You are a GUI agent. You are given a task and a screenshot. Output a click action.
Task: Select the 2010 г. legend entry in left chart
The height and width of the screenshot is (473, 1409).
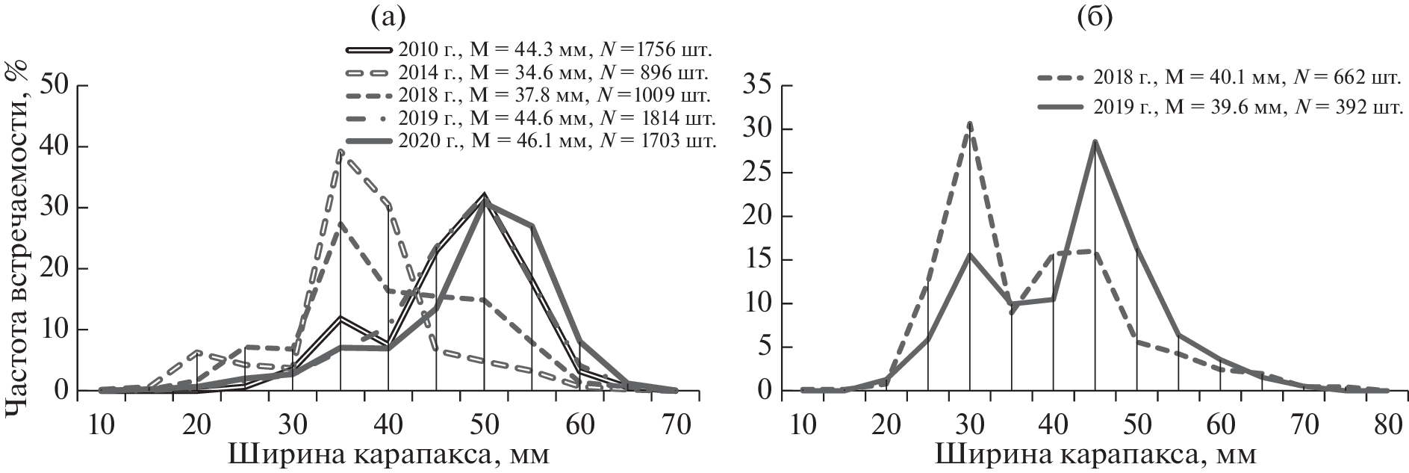click(530, 50)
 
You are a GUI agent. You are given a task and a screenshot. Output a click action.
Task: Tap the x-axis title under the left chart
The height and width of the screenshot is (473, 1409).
click(388, 454)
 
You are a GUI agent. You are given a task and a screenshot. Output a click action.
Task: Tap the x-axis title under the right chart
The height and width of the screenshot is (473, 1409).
click(1095, 454)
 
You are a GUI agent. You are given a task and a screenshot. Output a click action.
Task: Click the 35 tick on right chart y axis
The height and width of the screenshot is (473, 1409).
click(759, 86)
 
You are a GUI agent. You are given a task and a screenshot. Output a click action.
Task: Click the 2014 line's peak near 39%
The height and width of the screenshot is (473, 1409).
click(340, 152)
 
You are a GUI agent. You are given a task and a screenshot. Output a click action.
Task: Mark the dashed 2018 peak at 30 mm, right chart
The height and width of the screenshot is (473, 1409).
click(969, 123)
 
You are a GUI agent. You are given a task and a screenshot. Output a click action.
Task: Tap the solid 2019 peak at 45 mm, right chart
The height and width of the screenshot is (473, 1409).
click(1095, 140)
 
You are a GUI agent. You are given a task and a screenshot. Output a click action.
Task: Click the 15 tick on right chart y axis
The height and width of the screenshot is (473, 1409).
click(759, 260)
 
